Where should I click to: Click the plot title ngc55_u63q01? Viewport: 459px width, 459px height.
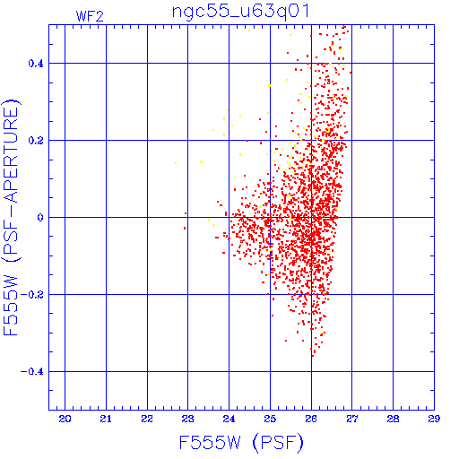[240, 13]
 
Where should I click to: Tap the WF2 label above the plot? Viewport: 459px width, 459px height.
[90, 16]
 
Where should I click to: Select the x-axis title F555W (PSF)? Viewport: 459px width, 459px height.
[241, 443]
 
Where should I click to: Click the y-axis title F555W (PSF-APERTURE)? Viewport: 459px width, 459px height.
[11, 217]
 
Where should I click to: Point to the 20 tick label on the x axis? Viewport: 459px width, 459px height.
[65, 419]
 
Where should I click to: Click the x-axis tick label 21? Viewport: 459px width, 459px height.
[106, 419]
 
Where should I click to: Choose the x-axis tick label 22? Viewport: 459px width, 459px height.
[147, 419]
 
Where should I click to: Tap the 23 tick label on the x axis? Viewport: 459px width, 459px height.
[188, 419]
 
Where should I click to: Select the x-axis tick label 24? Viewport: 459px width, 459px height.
[229, 419]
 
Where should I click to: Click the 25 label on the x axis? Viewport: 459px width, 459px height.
[270, 419]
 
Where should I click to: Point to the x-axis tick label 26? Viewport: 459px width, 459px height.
[311, 419]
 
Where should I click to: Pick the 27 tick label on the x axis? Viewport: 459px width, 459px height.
[352, 419]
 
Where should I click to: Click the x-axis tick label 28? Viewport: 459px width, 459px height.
[393, 419]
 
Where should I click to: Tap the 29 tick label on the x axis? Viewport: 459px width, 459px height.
[434, 419]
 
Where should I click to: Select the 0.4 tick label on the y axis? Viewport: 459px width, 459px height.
[36, 64]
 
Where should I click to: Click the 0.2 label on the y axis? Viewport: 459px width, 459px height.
[36, 141]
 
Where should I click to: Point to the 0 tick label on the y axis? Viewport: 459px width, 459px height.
[40, 218]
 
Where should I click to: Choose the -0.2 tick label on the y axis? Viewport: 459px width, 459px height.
[32, 295]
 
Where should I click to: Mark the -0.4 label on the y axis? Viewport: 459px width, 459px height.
[32, 372]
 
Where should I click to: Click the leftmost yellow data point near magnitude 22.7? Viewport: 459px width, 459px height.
[176, 163]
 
